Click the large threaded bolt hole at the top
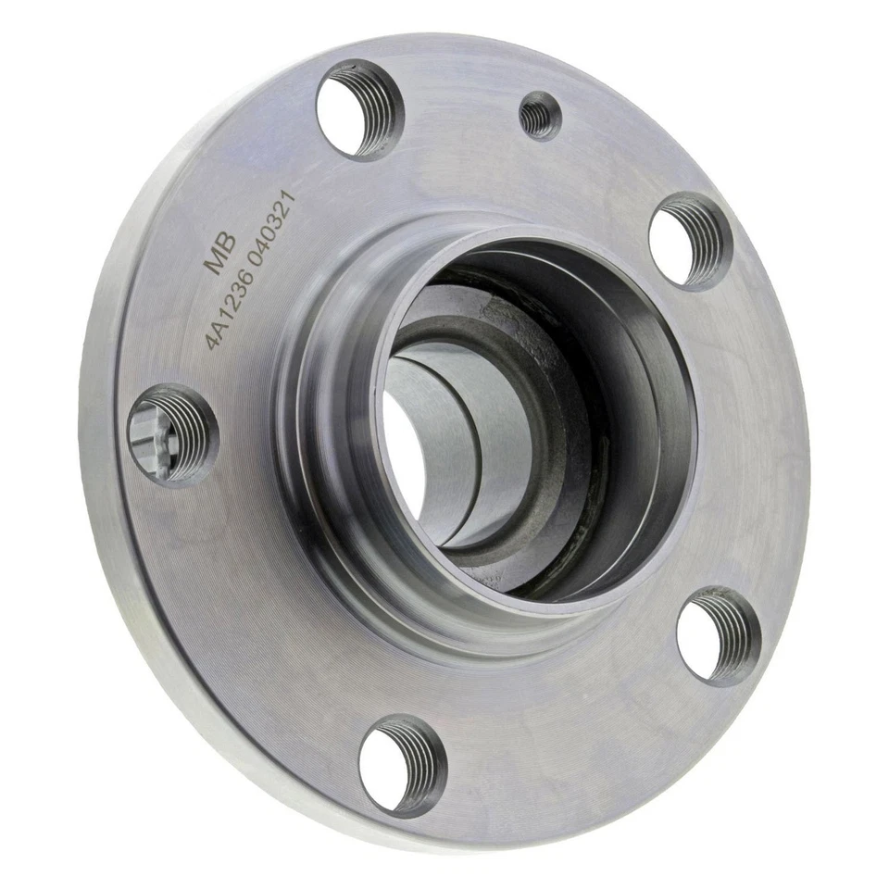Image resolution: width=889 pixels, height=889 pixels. click(359, 109)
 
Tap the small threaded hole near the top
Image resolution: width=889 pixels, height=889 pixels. click(538, 115)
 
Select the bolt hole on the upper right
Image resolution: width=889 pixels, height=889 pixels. click(690, 240)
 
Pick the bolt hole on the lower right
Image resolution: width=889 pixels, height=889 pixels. click(718, 637)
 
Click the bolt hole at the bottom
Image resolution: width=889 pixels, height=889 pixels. click(402, 765)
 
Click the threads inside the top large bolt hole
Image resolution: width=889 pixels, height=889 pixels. click(382, 116)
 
